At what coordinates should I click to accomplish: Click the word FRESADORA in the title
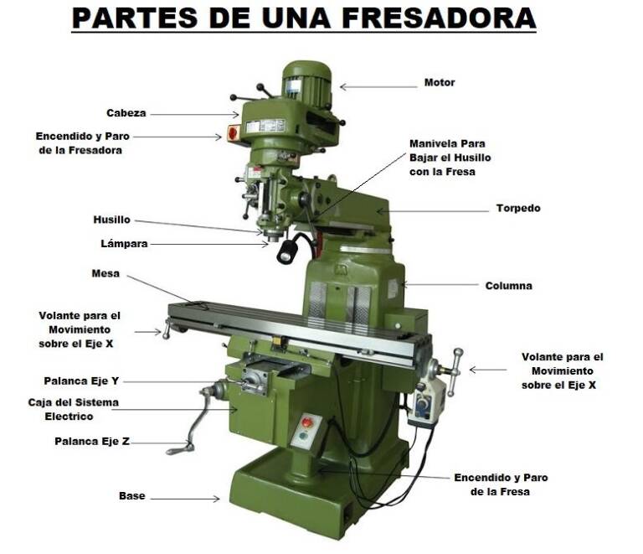pos(439,18)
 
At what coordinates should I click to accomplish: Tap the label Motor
pos(440,82)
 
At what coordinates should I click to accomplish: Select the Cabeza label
pos(126,113)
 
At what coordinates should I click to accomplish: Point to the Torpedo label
pos(518,208)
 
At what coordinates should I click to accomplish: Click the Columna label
pos(508,286)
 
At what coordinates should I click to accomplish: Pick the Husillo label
pos(111,220)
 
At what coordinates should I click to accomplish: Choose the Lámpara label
pos(124,244)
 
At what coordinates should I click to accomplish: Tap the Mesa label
pos(105,273)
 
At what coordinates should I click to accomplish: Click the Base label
pos(132,495)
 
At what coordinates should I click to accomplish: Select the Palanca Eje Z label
pos(92,441)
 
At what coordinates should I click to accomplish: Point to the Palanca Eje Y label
pos(81,381)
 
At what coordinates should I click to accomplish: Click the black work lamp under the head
pos(286,251)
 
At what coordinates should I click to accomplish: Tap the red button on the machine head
pos(233,133)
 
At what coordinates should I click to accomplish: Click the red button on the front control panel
pos(306,422)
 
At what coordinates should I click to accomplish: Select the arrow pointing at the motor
pos(378,87)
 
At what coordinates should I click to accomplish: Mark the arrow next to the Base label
pos(185,499)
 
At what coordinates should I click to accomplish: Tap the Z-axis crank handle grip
pos(180,449)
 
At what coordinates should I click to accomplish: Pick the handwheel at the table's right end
pos(453,372)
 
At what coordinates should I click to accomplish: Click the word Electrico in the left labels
pos(69,417)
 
